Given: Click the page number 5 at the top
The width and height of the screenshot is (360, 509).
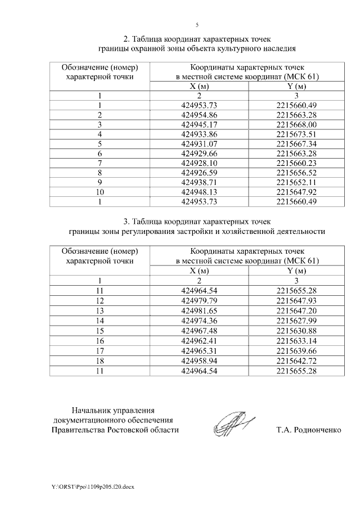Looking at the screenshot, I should point(197,25).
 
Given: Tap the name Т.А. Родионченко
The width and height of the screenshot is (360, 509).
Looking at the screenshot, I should point(309,430).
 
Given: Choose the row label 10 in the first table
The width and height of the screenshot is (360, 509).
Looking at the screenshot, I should point(99,192).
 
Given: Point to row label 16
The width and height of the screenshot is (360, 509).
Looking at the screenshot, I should point(99,339).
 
